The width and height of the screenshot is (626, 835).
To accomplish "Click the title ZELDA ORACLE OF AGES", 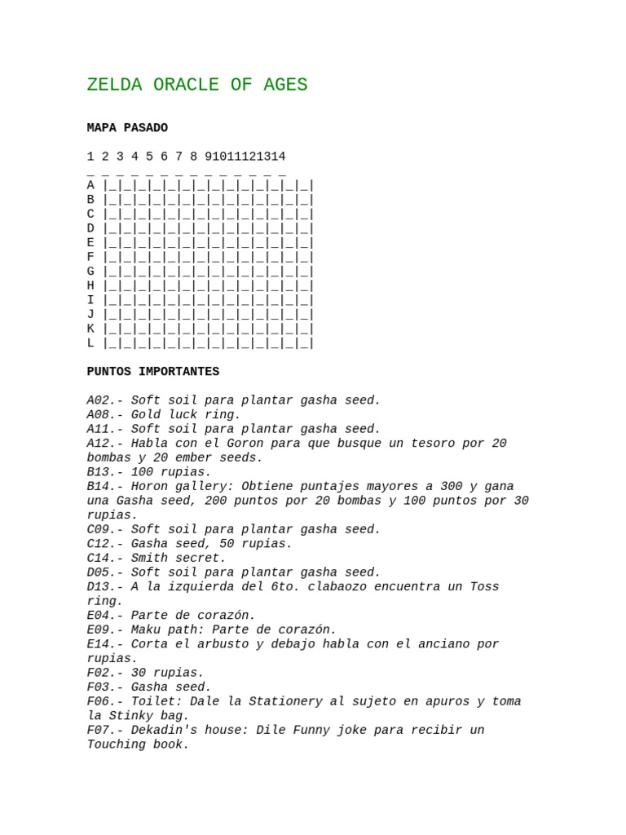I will [x=197, y=85].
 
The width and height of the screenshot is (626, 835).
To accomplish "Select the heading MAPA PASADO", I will [x=127, y=128].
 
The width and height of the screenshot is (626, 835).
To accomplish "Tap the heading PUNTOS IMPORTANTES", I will [x=153, y=372].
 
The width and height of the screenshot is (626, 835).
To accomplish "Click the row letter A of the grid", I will [x=90, y=186].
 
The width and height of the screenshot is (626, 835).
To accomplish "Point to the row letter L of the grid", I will [x=90, y=343].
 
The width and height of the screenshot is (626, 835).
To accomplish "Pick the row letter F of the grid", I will [x=90, y=258].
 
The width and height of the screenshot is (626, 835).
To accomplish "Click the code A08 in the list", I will [x=99, y=415].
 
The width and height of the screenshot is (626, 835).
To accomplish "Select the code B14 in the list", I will [x=99, y=487].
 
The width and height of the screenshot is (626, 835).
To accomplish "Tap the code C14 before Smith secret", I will [x=99, y=559].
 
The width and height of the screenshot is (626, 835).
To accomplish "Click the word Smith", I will [x=149, y=559].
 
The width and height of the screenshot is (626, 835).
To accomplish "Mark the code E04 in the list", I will [x=99, y=616].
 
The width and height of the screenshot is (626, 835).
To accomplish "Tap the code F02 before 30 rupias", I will [x=99, y=673].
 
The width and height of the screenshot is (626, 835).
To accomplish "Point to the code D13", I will [x=99, y=587].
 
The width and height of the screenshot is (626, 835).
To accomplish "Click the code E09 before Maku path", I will [x=99, y=630].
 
